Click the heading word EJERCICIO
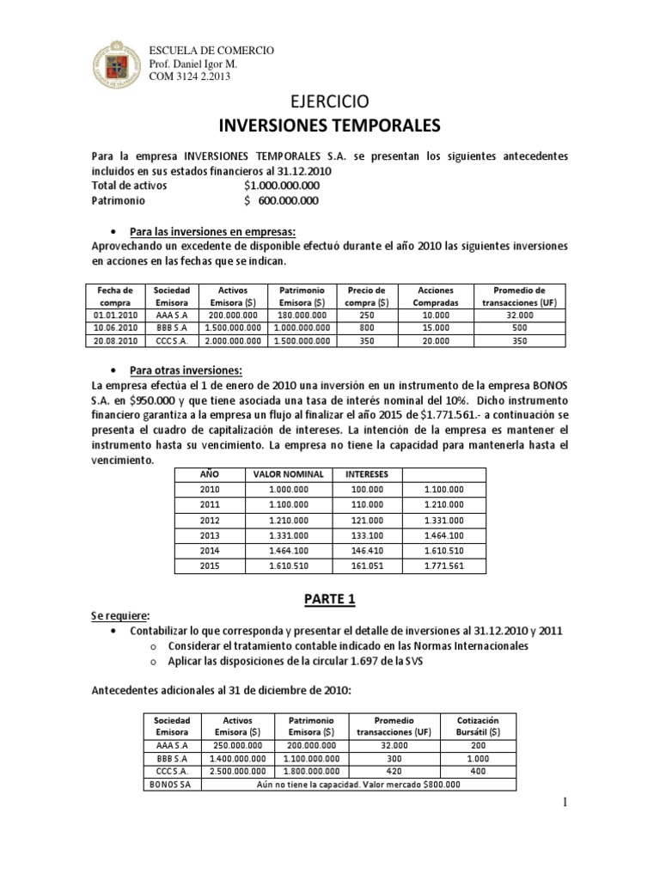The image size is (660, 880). (330, 101)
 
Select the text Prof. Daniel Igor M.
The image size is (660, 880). (193, 64)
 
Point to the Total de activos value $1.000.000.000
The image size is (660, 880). (282, 185)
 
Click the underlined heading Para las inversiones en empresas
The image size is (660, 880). (211, 232)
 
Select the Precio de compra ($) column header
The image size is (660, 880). (366, 296)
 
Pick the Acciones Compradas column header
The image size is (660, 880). (436, 296)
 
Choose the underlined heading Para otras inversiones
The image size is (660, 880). (186, 370)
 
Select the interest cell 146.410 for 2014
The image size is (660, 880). (367, 551)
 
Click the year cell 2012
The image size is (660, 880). (210, 520)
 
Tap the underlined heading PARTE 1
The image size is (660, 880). (330, 597)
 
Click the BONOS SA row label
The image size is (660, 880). (172, 785)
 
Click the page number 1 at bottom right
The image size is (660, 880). (564, 802)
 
